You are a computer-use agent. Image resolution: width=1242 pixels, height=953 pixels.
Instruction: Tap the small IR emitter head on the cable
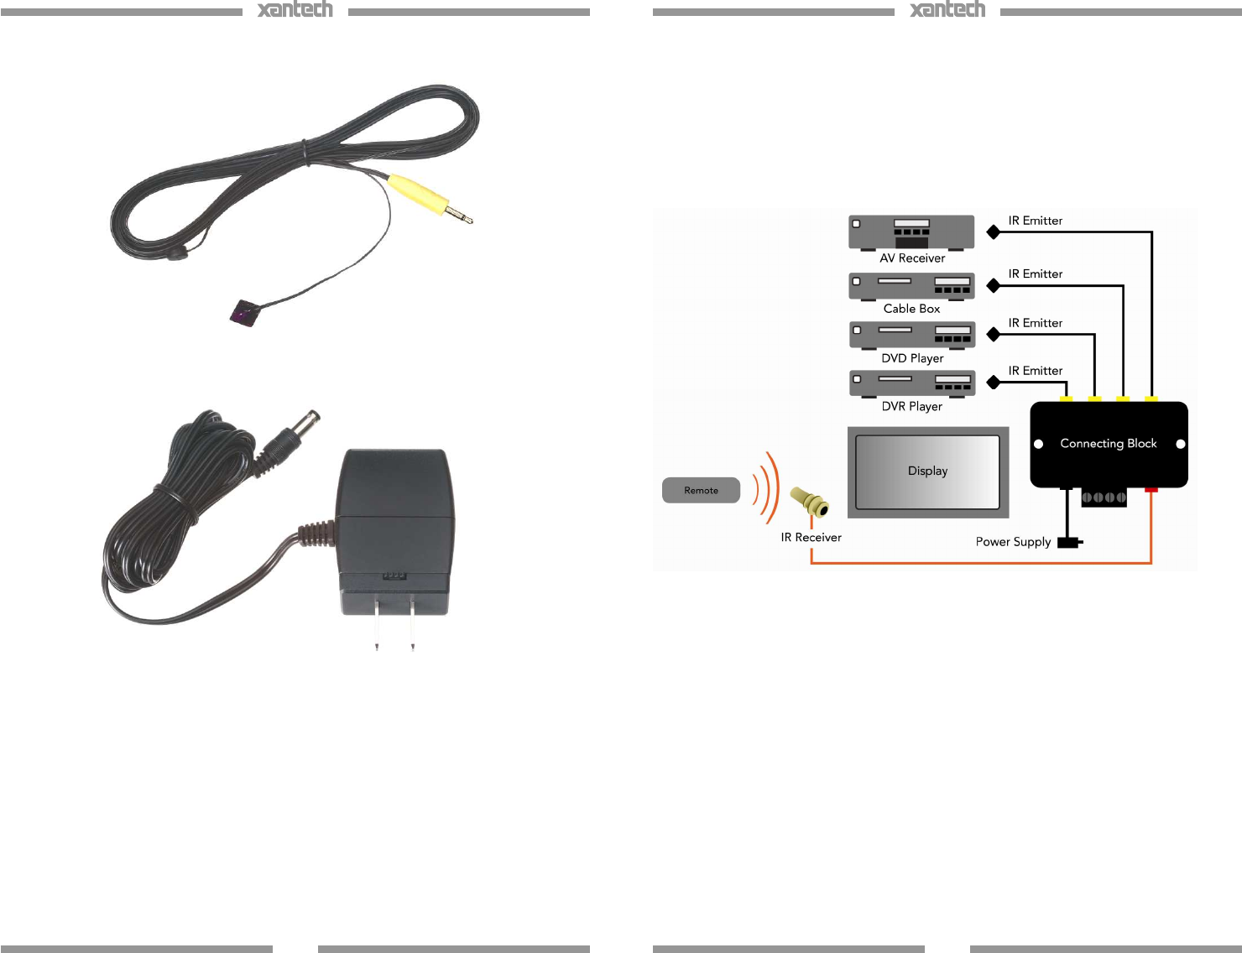(244, 313)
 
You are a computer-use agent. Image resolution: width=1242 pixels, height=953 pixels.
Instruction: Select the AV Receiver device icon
(911, 232)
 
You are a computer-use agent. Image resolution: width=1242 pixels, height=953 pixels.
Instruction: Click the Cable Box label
(911, 309)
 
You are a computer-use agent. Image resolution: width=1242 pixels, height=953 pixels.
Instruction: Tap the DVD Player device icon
(912, 334)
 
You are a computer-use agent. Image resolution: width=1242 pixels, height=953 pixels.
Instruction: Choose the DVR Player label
(911, 407)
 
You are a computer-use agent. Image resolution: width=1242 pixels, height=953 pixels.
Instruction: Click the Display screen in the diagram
(927, 471)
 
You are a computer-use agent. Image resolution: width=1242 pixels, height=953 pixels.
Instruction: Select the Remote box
(701, 490)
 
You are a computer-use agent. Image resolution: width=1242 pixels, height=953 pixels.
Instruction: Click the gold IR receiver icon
(811, 503)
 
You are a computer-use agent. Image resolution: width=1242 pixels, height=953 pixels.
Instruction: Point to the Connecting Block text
(1108, 444)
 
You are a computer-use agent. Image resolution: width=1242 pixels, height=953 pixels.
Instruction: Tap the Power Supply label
(1013, 542)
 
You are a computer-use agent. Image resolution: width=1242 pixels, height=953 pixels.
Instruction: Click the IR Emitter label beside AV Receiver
(1035, 221)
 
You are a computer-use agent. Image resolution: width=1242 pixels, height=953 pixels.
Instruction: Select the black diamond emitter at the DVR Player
(994, 383)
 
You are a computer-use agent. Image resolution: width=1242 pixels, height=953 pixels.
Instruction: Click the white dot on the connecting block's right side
(1180, 444)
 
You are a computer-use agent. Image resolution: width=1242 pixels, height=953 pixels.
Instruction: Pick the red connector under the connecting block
(1151, 489)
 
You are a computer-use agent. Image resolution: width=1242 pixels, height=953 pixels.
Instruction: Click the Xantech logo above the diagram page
(947, 9)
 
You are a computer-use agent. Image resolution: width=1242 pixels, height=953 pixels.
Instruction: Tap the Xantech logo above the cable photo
(295, 9)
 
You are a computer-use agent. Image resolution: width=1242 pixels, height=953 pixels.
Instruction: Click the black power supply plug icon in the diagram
(1068, 542)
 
